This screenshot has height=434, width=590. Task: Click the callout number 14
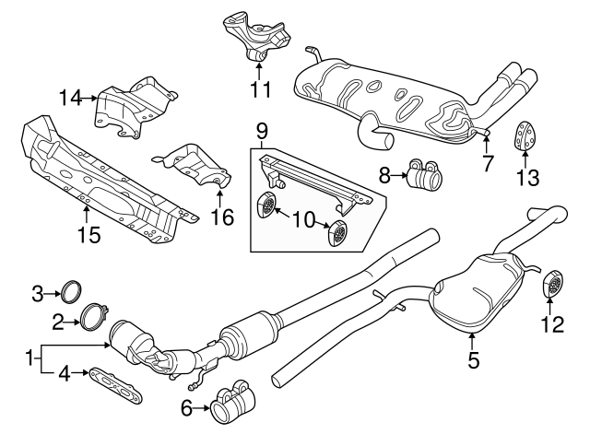71,96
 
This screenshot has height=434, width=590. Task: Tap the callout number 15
88,235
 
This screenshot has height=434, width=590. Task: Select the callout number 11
260,89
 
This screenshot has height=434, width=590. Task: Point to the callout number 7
488,164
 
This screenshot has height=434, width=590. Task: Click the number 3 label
38,294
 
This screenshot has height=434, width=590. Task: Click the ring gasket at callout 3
68,293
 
